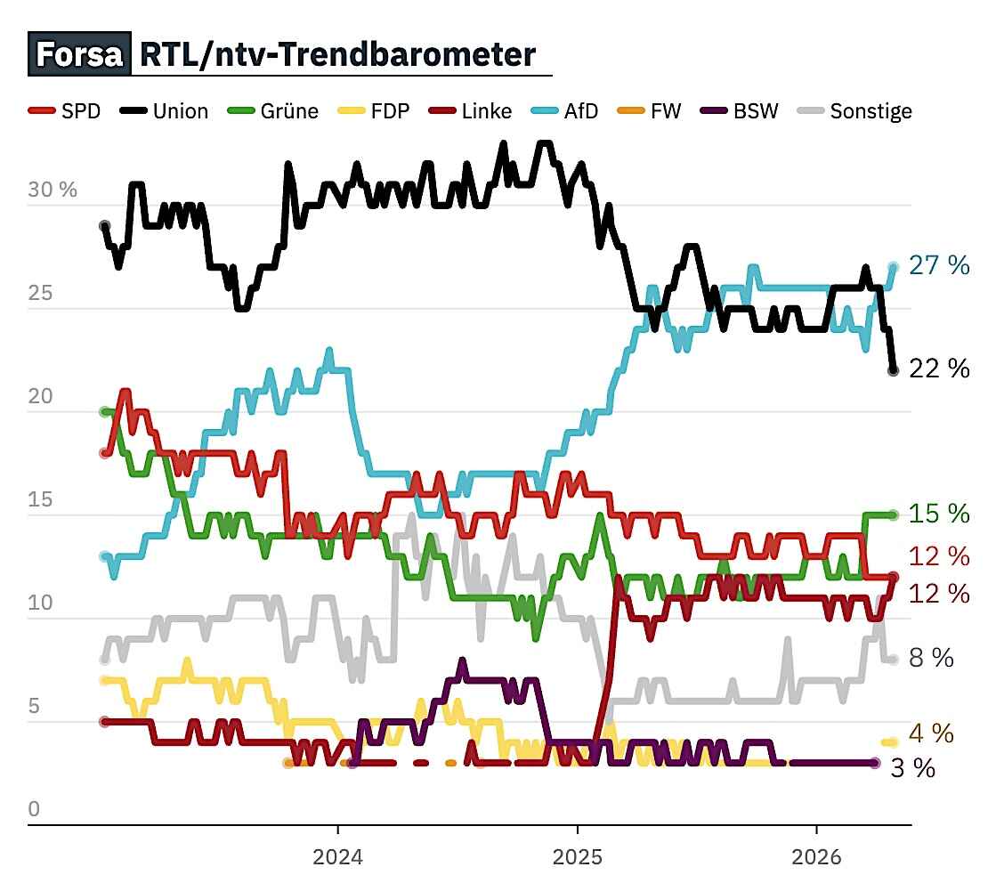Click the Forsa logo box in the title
click(78, 54)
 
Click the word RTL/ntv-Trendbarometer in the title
click(337, 54)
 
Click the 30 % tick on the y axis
click(53, 190)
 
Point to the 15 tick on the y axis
click(41, 499)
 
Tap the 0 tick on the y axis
click(35, 809)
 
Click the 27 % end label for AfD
click(939, 265)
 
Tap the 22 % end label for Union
click(939, 368)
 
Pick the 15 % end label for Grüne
click(939, 514)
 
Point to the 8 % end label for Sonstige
click(930, 658)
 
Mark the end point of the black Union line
click(893, 370)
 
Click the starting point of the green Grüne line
click(105, 412)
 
